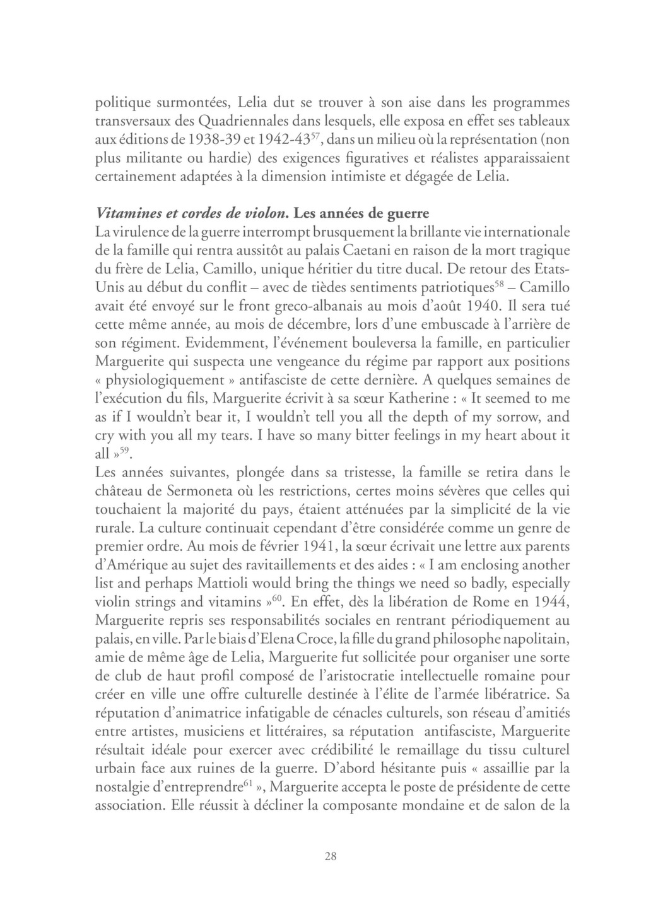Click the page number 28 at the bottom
click(331, 856)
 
